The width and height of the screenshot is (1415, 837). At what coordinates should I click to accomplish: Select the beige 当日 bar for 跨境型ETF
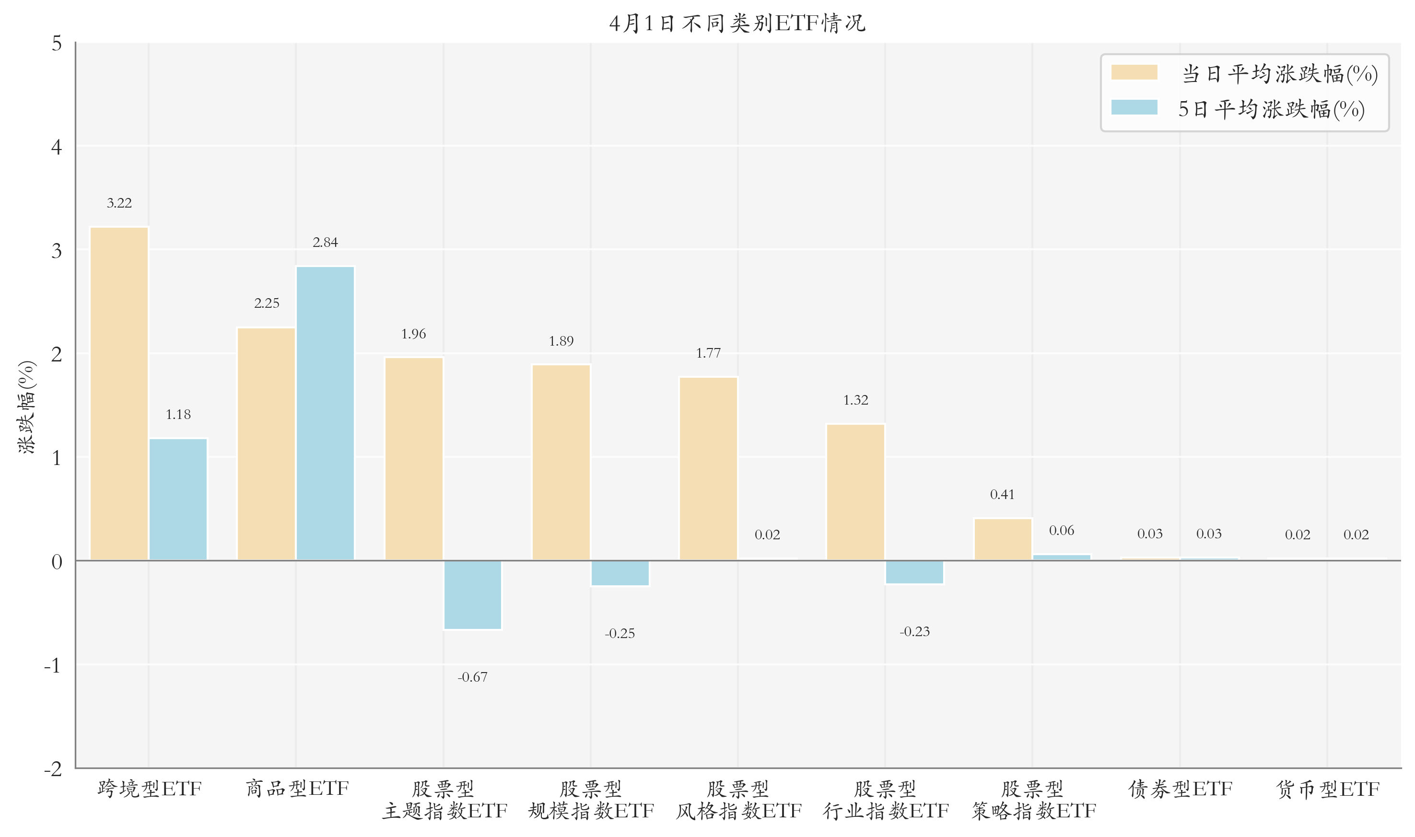click(x=119, y=394)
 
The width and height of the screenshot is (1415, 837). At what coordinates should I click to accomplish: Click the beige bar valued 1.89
click(x=561, y=463)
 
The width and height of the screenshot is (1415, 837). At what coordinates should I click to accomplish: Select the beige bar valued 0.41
click(x=1002, y=539)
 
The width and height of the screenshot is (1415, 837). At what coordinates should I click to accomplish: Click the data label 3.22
click(x=119, y=203)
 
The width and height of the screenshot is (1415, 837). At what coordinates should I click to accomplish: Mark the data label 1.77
click(x=708, y=353)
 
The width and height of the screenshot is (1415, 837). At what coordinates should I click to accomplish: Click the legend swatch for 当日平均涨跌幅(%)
click(x=1134, y=72)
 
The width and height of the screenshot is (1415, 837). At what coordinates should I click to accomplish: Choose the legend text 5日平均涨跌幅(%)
click(x=1271, y=109)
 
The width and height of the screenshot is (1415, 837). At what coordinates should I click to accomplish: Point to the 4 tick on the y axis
click(x=57, y=147)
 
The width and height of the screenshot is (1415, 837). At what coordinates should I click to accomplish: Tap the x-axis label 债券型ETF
click(x=1180, y=789)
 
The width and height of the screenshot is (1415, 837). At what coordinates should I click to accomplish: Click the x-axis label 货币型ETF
click(x=1327, y=789)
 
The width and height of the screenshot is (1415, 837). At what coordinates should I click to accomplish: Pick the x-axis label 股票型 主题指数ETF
click(x=444, y=800)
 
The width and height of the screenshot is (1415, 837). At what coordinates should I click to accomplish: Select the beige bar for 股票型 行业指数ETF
click(x=855, y=492)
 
